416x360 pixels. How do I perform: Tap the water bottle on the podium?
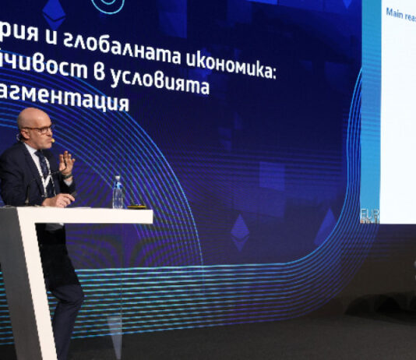(x=118, y=192)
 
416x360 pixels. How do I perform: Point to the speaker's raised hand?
(x=67, y=163)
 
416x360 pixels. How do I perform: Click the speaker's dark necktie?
(x=44, y=171)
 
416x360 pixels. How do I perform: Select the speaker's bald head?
(x=33, y=118)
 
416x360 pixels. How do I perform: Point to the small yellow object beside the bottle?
(x=137, y=206)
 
